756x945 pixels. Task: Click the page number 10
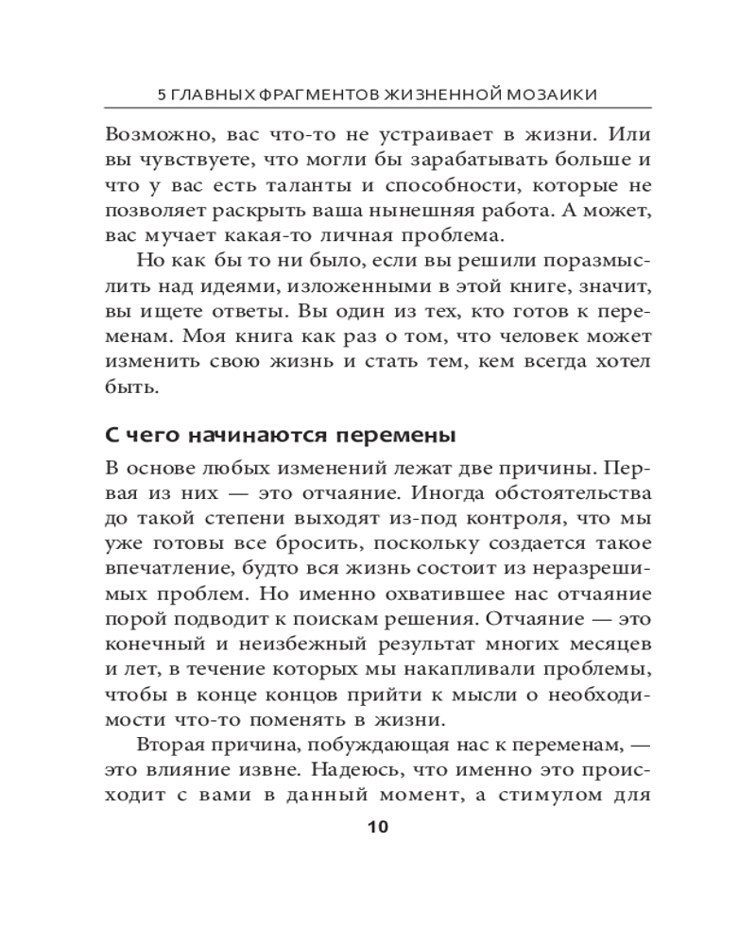(x=376, y=827)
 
